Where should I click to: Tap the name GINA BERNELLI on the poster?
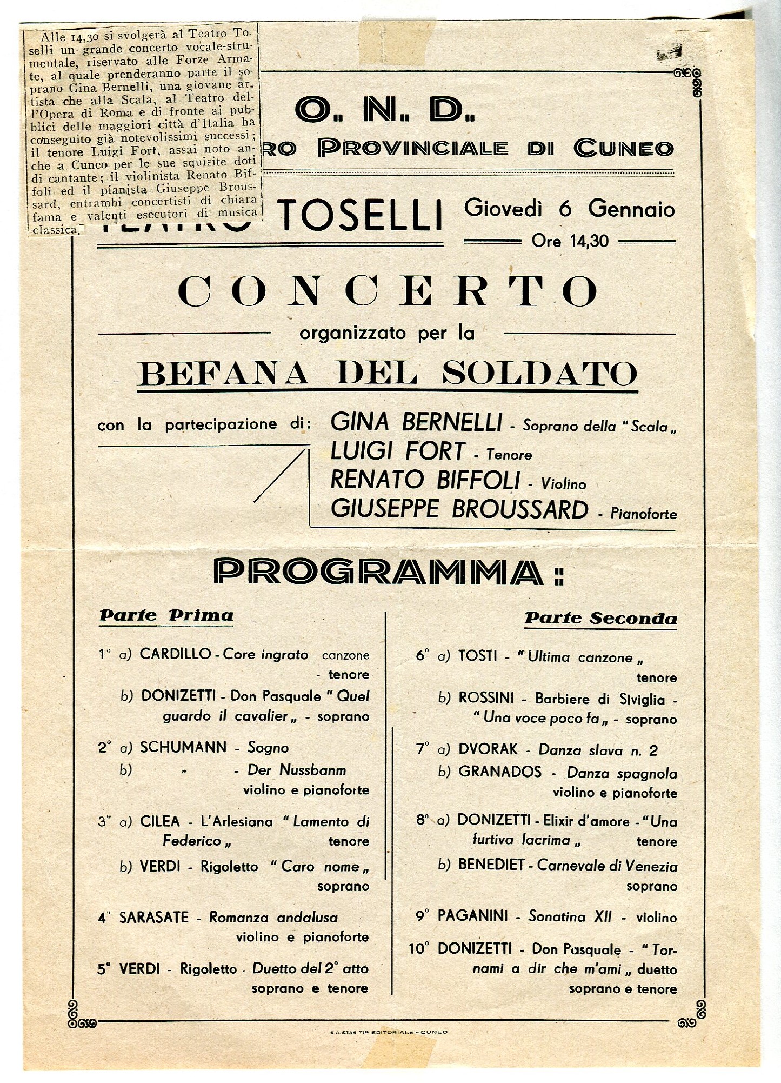coord(416,423)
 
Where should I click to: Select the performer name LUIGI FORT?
coord(397,452)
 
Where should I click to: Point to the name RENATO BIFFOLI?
coord(425,480)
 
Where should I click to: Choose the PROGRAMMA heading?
coord(388,572)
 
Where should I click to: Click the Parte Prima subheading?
coord(166,615)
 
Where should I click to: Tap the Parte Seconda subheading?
coord(600,618)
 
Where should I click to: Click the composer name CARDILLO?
coord(175,654)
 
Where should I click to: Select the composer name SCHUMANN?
coord(183,747)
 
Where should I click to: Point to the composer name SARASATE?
coord(153,918)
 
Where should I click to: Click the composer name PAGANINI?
coord(472,916)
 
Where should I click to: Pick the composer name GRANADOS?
coord(499,772)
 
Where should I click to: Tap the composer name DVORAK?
coord(488,749)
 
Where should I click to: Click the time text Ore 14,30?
coord(570,241)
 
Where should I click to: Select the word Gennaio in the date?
coord(631,209)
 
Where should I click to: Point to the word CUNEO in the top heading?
coord(623,148)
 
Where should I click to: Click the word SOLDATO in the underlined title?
coord(539,373)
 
